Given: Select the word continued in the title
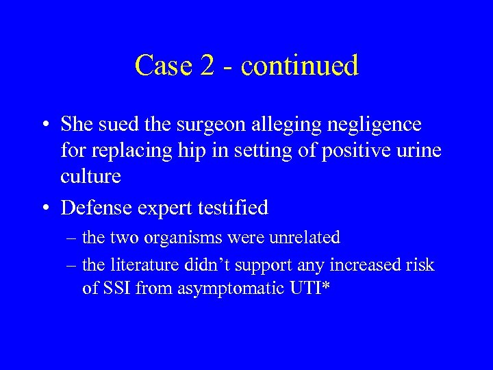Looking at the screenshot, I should click(300, 65).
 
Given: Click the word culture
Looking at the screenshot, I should click(90, 176).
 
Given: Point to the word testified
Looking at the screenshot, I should click(232, 206).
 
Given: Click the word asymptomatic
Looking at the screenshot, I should click(223, 288).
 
